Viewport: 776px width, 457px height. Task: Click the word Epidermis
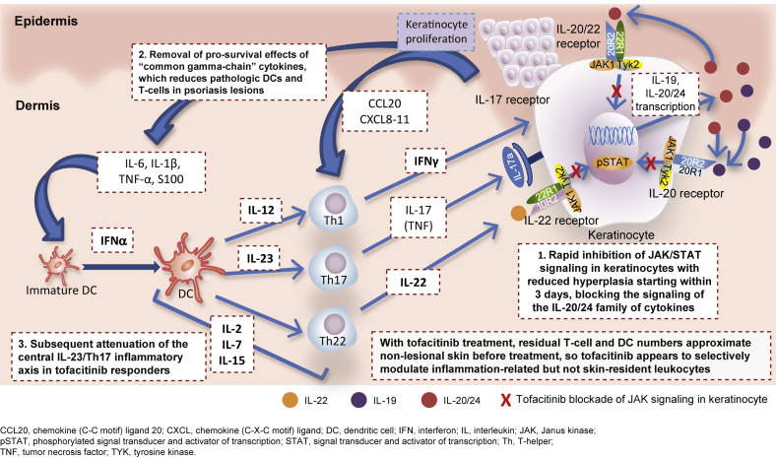(x=44, y=20)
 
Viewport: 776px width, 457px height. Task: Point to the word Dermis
(x=32, y=102)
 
